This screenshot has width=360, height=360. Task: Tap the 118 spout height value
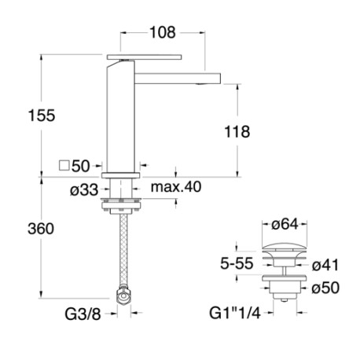tap(236, 132)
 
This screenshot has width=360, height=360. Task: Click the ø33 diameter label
tap(84, 189)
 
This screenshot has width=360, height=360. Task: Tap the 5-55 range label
tap(236, 264)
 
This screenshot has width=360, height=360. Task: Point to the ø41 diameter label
tap(325, 264)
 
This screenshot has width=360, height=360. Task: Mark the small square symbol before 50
tap(63, 166)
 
